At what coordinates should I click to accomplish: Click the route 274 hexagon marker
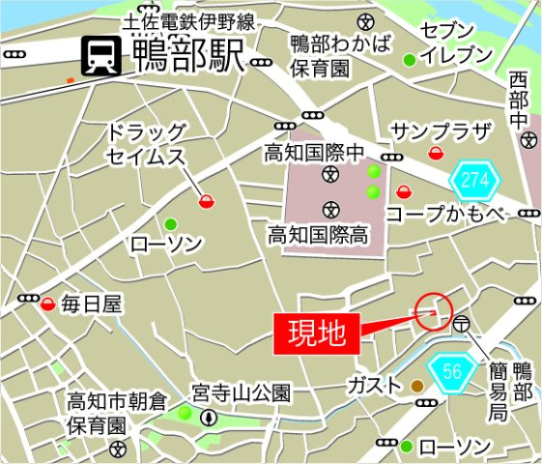click(475, 180)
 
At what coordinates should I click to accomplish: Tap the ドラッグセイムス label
click(146, 143)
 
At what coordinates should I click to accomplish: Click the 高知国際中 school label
click(316, 152)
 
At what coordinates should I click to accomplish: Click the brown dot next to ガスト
click(416, 386)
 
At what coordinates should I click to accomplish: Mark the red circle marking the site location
click(433, 310)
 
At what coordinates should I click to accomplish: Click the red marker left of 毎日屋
click(48, 304)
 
